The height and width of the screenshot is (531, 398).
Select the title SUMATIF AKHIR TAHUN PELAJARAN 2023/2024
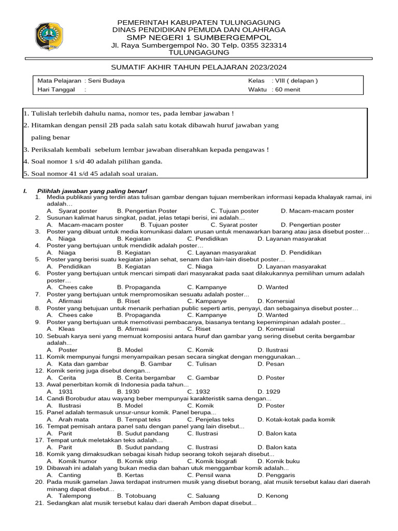199,67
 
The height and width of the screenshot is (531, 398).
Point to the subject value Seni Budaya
106,81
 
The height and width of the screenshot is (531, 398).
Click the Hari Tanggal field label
56,89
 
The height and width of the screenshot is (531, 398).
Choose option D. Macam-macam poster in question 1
317,211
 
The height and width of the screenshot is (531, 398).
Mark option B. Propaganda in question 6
138,287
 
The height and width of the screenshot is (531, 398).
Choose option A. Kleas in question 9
61,329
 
